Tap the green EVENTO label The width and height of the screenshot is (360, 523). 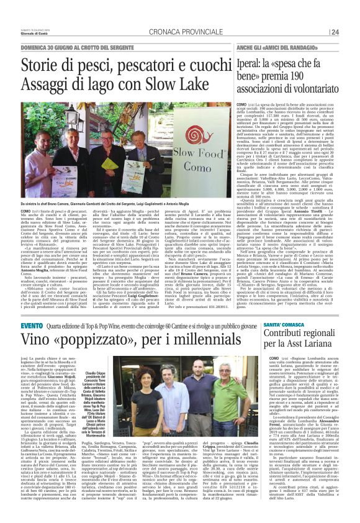[x=32, y=325]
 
